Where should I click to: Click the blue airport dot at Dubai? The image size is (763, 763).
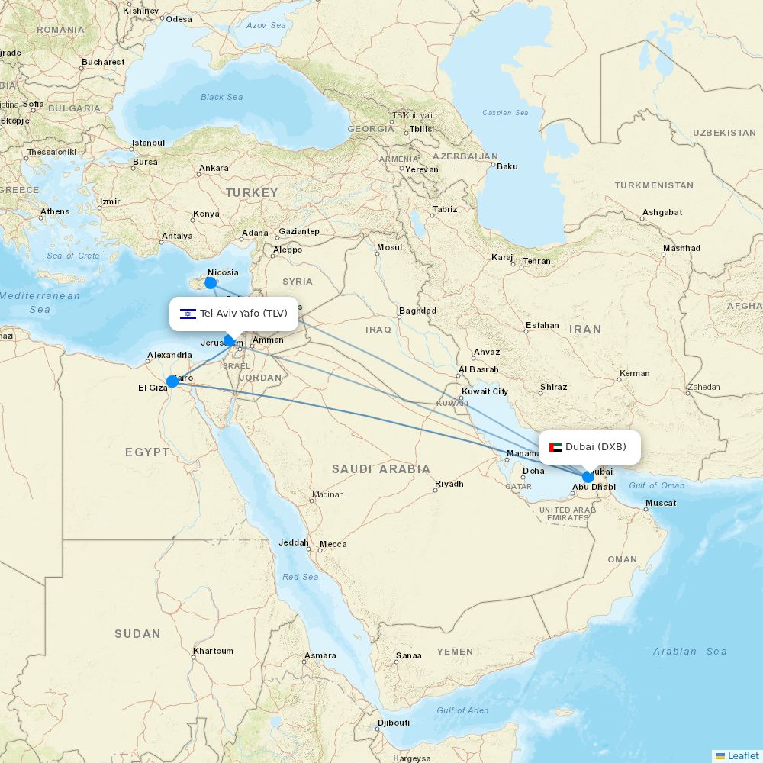(x=588, y=477)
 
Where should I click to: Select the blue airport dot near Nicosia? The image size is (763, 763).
(x=211, y=283)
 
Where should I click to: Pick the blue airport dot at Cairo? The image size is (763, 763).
(x=172, y=381)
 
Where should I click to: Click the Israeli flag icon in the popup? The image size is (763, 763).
(x=188, y=314)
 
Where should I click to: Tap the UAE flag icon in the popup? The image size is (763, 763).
(x=555, y=447)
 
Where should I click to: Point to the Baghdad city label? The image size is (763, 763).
(x=417, y=311)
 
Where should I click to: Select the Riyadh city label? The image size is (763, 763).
(x=449, y=484)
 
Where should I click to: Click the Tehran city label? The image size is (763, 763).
(x=536, y=261)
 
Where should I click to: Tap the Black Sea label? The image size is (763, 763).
(x=221, y=97)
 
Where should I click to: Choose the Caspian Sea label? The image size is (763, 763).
(x=505, y=113)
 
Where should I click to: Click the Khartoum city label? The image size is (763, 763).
(x=213, y=651)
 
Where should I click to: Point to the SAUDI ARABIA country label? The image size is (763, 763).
(x=381, y=468)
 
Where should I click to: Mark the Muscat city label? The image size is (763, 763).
(x=660, y=503)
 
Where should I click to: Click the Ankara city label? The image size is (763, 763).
(x=214, y=168)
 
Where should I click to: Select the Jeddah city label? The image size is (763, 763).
(x=294, y=543)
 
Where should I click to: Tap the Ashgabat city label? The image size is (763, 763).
(x=662, y=212)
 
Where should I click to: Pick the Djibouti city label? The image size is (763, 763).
(x=394, y=723)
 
